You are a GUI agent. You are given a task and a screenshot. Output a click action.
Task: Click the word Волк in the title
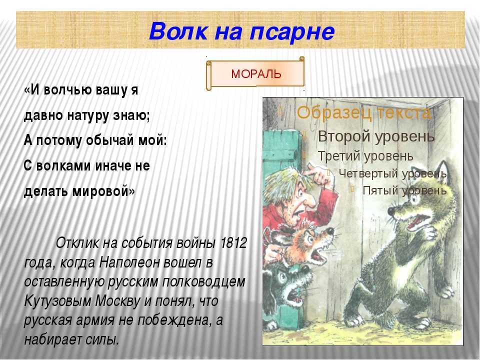[x=178, y=31]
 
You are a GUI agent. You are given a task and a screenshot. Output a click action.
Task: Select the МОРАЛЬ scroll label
[x=256, y=74]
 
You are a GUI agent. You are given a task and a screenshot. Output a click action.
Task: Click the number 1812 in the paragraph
[x=234, y=243]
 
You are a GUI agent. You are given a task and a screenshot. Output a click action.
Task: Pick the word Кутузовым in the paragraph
[x=57, y=301]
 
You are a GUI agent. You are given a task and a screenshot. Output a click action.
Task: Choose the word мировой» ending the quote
[x=103, y=191]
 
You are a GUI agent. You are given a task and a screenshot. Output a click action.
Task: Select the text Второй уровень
[x=376, y=136]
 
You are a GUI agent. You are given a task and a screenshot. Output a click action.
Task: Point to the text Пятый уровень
[x=404, y=190]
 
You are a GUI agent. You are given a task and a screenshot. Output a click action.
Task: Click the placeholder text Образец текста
[x=364, y=113]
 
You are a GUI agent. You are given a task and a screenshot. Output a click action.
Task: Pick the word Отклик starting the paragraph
[x=78, y=243]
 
